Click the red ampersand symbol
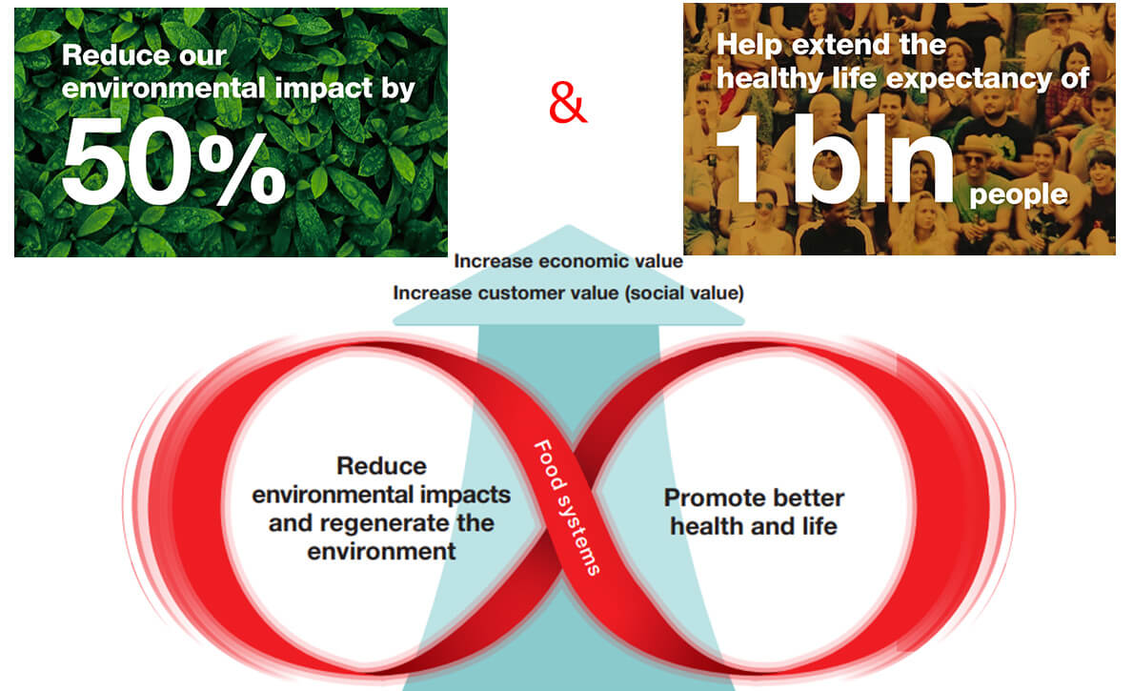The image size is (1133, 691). [x=568, y=103]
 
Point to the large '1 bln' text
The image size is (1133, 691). [x=835, y=158]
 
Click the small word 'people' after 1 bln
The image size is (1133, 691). [x=1018, y=195]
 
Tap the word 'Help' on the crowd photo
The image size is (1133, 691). [x=749, y=45]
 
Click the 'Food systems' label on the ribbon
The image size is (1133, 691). [x=567, y=507]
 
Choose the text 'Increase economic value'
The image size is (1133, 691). [x=568, y=261]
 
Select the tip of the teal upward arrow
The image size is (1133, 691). [x=568, y=225]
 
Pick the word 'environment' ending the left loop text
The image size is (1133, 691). [x=381, y=552]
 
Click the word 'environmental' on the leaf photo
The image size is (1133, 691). [x=164, y=89]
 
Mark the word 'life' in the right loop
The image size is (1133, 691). [x=819, y=526]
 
